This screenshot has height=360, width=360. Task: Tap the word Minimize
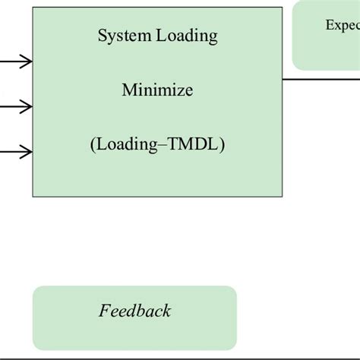coord(157,91)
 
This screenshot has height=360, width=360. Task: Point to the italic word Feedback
coord(134,311)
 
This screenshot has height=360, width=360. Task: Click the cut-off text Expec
coord(343,25)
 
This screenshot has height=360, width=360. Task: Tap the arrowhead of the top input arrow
coord(27,62)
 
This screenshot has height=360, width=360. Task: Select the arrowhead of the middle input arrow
coord(27,107)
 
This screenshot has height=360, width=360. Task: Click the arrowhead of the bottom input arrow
coord(27,153)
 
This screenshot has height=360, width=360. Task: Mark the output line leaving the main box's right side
coord(319,78)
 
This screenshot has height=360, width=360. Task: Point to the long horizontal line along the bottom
coord(180,355)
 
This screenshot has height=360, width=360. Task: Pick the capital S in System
coord(102,36)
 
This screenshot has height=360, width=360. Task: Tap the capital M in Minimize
coord(128,91)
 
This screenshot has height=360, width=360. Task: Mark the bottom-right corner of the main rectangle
coord(282,197)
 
